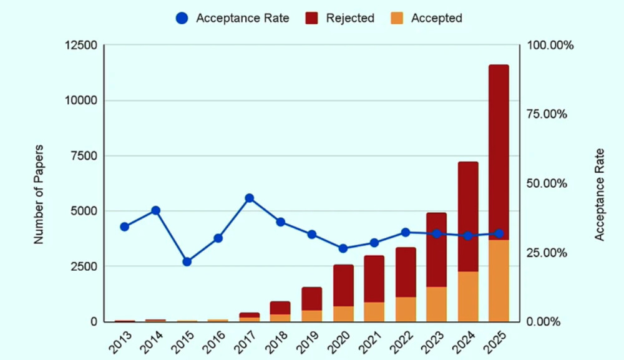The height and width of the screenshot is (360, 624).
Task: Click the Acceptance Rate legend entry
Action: (x=232, y=18)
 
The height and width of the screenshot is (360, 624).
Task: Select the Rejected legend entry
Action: (x=341, y=18)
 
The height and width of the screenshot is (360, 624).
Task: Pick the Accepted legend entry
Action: (x=427, y=18)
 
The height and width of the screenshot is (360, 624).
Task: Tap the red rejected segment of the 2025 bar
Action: (x=499, y=150)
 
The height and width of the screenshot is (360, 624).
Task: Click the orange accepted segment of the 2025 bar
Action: (x=499, y=281)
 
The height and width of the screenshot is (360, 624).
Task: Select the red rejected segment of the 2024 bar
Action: (x=467, y=215)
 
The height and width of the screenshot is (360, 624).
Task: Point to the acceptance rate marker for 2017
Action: (x=249, y=198)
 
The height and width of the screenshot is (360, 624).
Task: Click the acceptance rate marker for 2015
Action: (x=187, y=261)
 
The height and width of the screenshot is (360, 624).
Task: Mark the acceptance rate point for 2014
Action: (x=155, y=210)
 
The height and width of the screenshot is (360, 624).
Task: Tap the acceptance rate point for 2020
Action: (x=343, y=248)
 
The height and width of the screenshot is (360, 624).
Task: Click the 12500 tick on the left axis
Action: (x=81, y=46)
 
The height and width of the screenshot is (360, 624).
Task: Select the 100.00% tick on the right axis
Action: (x=551, y=46)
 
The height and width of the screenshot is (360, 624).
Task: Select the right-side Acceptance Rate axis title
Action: (x=600, y=194)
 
